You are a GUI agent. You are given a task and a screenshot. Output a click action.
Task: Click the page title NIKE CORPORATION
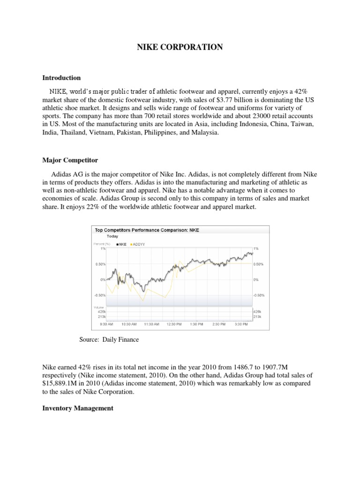click(x=180, y=47)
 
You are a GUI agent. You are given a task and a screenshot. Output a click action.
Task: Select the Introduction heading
click(x=61, y=78)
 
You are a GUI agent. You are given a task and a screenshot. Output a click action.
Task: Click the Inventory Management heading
click(x=77, y=408)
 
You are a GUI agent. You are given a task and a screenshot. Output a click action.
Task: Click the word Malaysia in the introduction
click(x=203, y=133)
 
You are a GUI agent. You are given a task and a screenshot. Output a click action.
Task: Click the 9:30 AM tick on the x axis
click(x=106, y=324)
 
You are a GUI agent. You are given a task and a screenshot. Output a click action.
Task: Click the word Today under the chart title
click(x=112, y=237)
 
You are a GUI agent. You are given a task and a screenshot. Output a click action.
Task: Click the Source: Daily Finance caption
click(x=109, y=339)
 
